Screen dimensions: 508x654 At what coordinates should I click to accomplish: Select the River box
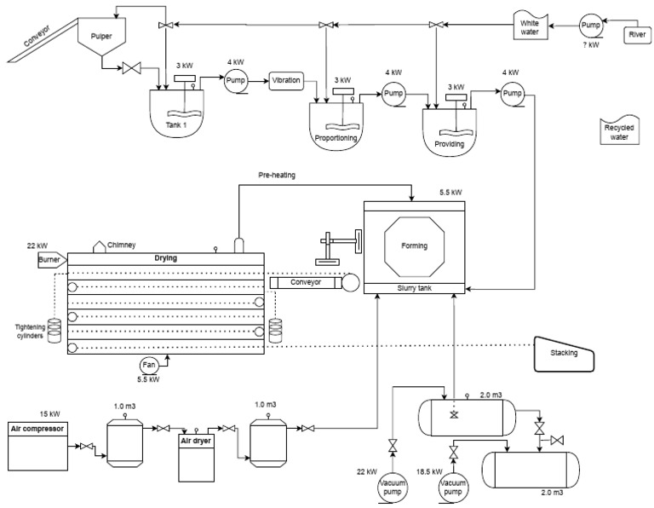(636, 34)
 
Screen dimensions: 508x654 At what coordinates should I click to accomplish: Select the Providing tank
(450, 133)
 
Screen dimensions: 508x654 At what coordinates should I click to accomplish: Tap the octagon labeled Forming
(414, 246)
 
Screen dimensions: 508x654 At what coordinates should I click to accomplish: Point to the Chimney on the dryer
(99, 246)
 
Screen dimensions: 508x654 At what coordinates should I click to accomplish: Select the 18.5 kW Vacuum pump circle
(453, 488)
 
